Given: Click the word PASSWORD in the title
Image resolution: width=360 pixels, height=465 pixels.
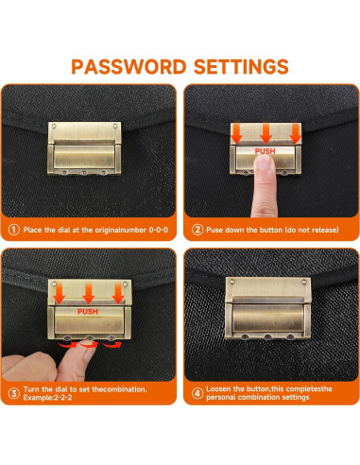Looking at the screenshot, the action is coord(129,67).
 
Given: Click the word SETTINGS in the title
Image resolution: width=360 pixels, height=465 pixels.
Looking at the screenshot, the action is coord(241,67).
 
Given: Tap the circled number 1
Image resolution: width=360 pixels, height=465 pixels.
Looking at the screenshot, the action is coord(13,230).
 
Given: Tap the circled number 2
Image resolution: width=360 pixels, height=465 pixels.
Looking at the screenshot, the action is coord(197,230).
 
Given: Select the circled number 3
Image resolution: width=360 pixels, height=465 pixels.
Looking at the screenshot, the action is coord(13,393).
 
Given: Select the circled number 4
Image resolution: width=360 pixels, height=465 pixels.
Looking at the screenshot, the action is coord(197,393).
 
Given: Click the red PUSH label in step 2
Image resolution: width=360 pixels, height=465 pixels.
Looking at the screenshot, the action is coord(265,151).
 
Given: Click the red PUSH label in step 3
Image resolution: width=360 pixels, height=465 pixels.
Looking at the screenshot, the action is coord(88,312).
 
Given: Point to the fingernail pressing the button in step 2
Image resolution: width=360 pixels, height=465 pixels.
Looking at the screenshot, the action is coord(264,162).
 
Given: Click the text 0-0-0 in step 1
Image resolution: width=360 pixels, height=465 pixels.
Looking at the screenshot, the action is coord(158,230).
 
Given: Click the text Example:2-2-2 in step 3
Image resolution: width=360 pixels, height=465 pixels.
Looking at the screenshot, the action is coord(47,398).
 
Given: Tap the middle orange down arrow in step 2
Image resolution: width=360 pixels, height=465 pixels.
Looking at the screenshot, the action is coord(266,132).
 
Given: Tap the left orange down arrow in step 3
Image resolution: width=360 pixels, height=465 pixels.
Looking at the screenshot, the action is coord(59,293).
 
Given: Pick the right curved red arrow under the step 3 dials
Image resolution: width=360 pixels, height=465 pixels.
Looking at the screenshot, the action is coord(112,345).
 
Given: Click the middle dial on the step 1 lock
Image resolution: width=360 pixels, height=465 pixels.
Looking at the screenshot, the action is coord(84,173).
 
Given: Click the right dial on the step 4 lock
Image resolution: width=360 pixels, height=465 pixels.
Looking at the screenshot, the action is coord(290,337).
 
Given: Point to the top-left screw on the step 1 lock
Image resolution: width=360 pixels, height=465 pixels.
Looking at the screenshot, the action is coord(54,126).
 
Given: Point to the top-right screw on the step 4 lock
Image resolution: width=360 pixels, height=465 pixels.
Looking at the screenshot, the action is coord(304,282).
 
